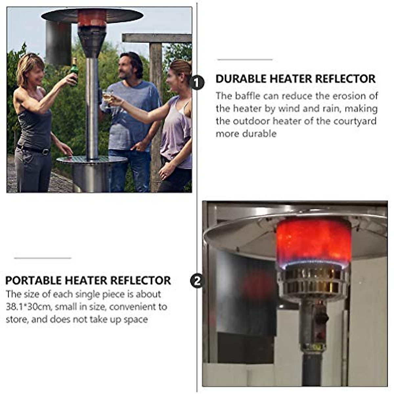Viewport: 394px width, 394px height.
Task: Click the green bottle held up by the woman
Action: tap(74, 71)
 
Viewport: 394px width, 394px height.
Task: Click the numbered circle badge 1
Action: tap(197, 82)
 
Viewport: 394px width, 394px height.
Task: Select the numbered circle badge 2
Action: tap(197, 281)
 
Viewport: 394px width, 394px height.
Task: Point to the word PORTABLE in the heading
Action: tap(33, 281)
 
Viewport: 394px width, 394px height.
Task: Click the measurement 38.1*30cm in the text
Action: tap(28, 307)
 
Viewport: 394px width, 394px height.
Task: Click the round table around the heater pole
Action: tap(92, 160)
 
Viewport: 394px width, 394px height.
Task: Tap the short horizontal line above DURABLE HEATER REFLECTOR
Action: tap(245, 60)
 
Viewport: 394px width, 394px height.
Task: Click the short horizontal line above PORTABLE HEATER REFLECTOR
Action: tap(42, 258)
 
